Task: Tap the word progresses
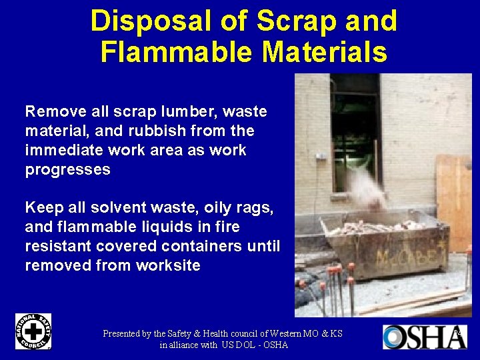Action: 67,169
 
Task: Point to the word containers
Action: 205,246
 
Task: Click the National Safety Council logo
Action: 33,331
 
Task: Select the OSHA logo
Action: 423,337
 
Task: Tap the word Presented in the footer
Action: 127,333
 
